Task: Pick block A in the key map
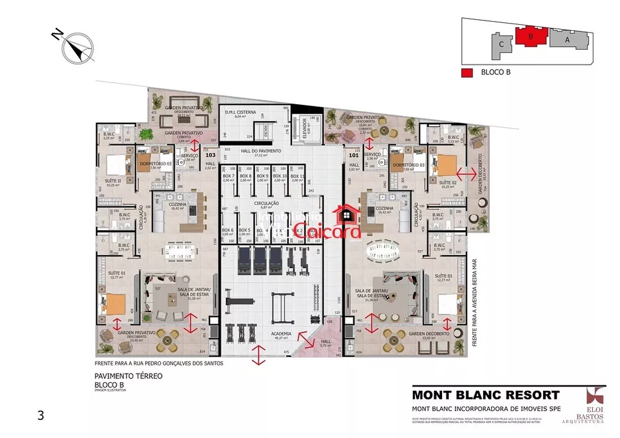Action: pyautogui.click(x=567, y=39)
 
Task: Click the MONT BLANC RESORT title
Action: pyautogui.click(x=486, y=395)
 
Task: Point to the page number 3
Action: pyautogui.click(x=41, y=416)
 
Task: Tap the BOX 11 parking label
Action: pyautogui.click(x=297, y=177)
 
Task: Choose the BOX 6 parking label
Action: pyautogui.click(x=228, y=231)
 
